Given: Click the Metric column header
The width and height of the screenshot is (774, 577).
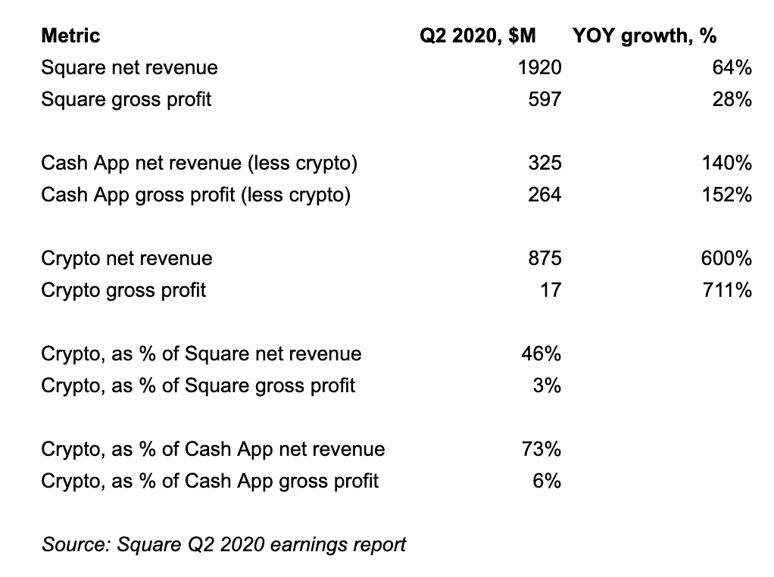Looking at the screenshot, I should pyautogui.click(x=70, y=36).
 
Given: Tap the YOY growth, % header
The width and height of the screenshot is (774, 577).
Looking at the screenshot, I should pyautogui.click(x=645, y=36).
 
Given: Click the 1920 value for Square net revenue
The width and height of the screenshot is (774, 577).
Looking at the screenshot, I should pyautogui.click(x=539, y=68).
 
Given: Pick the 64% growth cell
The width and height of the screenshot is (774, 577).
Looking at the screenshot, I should pyautogui.click(x=732, y=68).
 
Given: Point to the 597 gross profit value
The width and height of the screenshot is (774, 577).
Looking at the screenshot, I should pyautogui.click(x=545, y=99).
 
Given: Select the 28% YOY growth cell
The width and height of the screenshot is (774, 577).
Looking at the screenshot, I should pyautogui.click(x=732, y=99).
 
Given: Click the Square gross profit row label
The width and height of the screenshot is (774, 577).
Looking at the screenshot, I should pyautogui.click(x=126, y=99).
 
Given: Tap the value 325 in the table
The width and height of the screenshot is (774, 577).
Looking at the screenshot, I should pyautogui.click(x=545, y=163).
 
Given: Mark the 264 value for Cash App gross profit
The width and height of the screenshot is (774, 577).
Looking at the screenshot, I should pyautogui.click(x=545, y=195).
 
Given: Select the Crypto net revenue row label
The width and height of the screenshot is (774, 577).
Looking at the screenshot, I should pyautogui.click(x=126, y=258).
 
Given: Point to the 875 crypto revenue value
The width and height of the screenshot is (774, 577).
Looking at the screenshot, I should pyautogui.click(x=545, y=258).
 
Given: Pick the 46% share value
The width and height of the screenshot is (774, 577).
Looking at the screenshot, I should pyautogui.click(x=541, y=354).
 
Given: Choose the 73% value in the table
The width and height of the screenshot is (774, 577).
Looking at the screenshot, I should pyautogui.click(x=541, y=449).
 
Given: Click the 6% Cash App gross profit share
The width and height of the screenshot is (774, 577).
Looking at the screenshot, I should pyautogui.click(x=546, y=481).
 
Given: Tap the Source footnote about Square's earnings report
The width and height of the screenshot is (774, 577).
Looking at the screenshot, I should pyautogui.click(x=223, y=544).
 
